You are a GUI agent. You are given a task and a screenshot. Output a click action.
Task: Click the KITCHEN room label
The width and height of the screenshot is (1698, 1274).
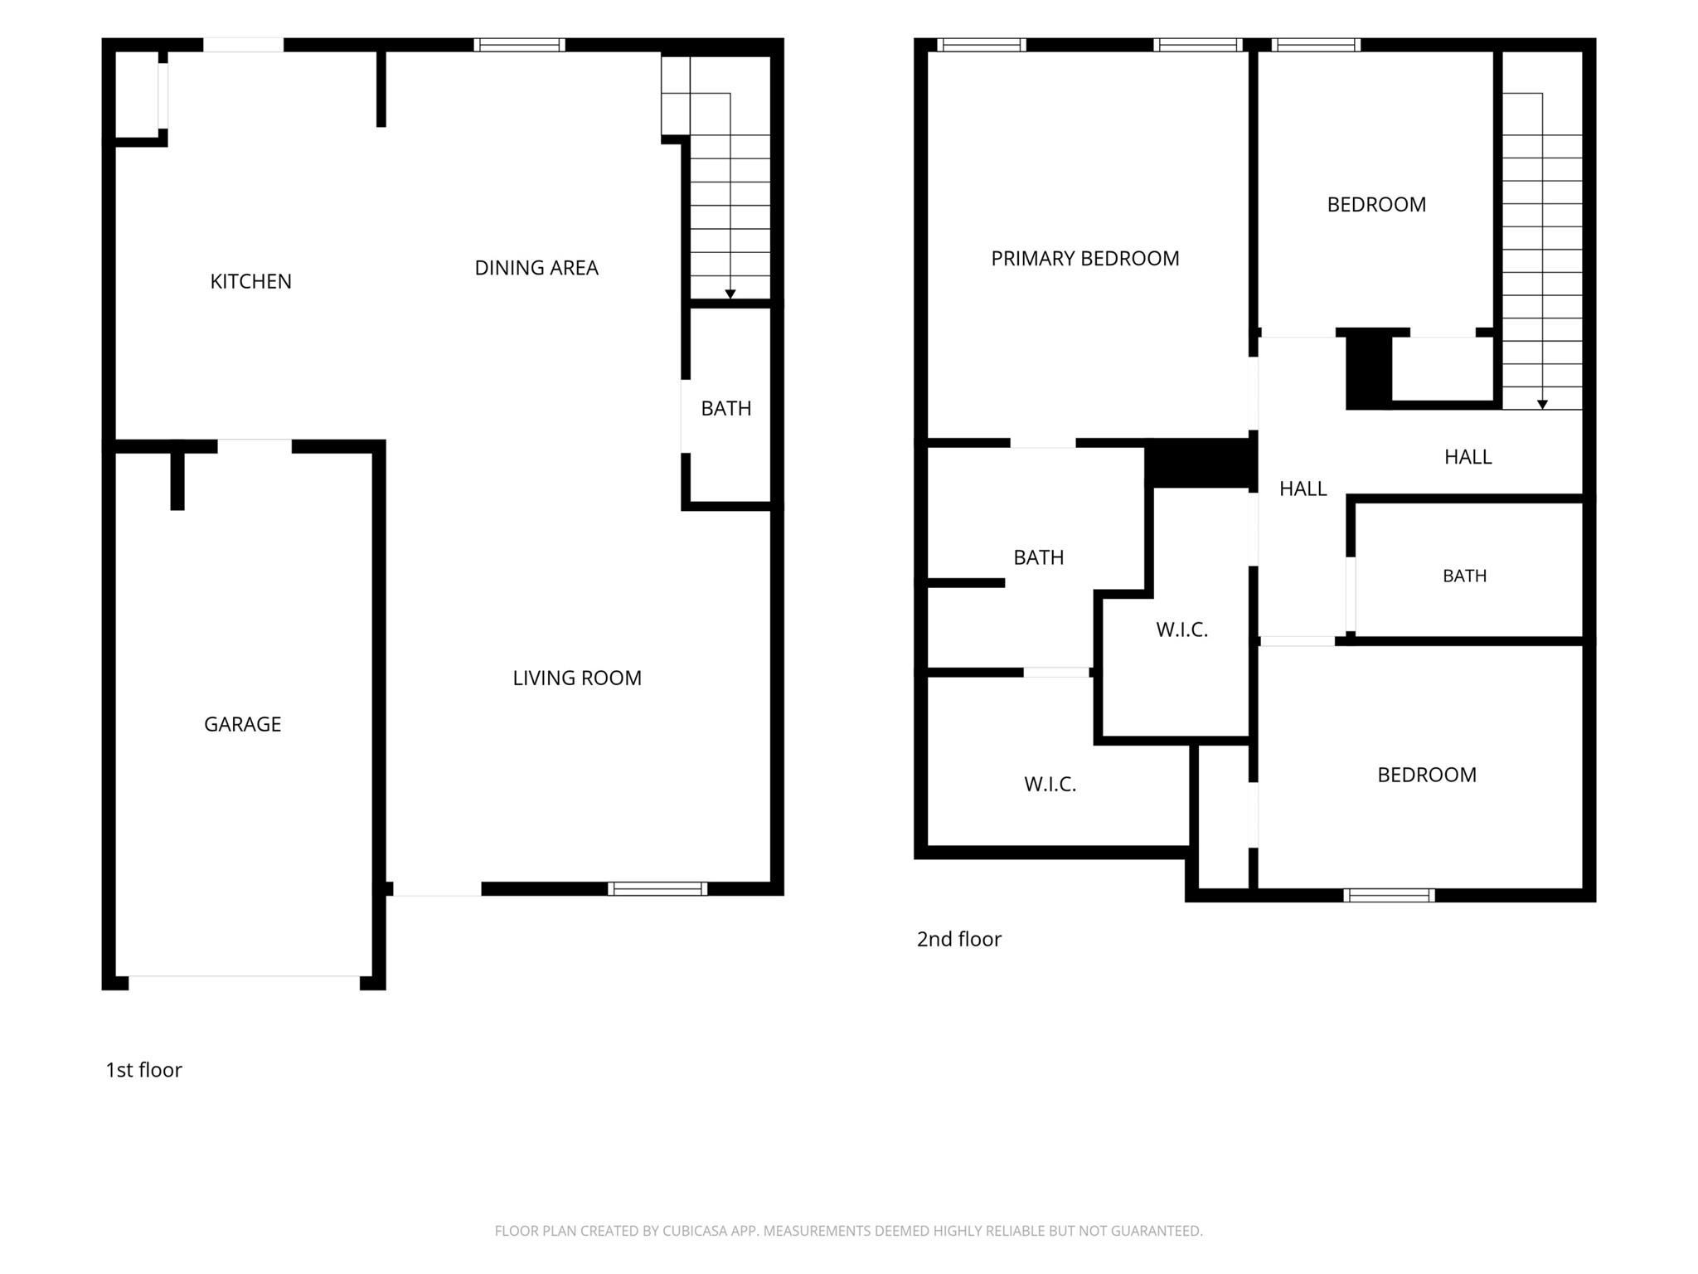click(x=250, y=282)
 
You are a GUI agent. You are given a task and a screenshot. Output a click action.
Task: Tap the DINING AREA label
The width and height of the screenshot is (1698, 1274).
click(x=536, y=268)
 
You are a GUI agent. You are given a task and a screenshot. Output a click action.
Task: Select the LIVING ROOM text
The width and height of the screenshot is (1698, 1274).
click(x=577, y=678)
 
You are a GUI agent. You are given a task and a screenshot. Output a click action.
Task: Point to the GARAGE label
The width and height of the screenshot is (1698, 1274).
click(x=242, y=724)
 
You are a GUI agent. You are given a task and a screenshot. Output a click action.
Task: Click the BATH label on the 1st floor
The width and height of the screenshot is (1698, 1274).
click(x=726, y=408)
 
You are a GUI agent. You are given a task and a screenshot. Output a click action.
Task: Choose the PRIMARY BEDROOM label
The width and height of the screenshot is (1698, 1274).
click(x=1085, y=259)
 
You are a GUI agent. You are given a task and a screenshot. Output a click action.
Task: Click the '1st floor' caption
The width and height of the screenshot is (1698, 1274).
click(x=143, y=1070)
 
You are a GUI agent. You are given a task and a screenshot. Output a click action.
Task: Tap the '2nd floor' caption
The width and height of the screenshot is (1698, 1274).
click(x=959, y=939)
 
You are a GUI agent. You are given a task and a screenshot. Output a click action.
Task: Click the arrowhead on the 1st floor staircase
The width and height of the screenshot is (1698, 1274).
click(x=730, y=294)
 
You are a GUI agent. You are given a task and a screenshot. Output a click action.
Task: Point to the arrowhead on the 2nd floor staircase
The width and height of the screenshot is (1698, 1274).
click(x=1542, y=405)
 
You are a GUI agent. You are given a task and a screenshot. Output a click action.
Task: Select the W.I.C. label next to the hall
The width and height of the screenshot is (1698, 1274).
click(x=1182, y=630)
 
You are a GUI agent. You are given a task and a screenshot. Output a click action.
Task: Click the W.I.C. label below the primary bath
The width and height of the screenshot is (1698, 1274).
click(x=1050, y=785)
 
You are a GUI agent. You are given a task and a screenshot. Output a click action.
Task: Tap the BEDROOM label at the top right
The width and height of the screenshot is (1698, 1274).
click(x=1376, y=205)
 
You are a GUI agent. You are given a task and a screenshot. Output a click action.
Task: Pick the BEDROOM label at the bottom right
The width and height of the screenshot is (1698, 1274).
click(x=1427, y=775)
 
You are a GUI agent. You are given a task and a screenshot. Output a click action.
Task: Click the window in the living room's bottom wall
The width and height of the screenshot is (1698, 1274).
click(x=657, y=889)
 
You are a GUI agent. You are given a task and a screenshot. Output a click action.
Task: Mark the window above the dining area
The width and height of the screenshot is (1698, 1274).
click(x=520, y=45)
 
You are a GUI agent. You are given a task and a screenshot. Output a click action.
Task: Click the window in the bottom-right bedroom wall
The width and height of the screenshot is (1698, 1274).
click(x=1389, y=895)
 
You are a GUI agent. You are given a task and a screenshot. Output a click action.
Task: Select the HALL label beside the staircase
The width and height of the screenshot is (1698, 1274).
click(x=1468, y=457)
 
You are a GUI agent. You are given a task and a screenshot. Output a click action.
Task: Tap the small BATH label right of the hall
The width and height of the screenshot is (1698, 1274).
click(x=1465, y=576)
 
